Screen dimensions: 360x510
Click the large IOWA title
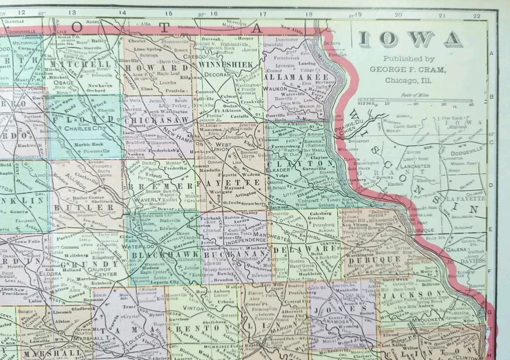pos(410,39)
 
